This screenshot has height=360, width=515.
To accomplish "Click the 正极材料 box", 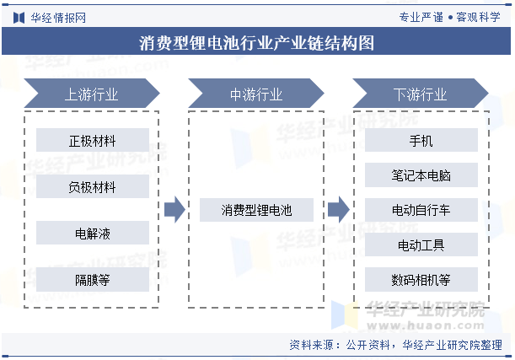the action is pos(93,140).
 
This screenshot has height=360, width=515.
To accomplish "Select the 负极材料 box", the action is pos(93,186).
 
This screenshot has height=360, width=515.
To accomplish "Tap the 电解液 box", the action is pos(93,233).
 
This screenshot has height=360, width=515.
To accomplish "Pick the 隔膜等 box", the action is pos(93,279).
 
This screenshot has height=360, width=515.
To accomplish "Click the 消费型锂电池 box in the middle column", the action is pos(256,210).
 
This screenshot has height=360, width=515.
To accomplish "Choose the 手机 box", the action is pos(421,140).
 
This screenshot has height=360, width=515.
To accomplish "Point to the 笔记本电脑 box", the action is pos(421,175).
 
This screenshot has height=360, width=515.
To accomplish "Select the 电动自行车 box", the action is pos(421,210).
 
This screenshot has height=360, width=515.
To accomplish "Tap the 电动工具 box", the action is pos(421,244).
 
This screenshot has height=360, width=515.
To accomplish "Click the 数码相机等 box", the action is pos(421,279).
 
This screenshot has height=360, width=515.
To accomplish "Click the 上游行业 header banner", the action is pos(92,94).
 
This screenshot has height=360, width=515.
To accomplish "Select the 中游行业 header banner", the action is pos(256,94).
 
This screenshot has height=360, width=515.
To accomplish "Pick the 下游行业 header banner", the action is pos(421,94).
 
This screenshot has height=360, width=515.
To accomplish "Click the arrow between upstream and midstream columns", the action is pos(174,210).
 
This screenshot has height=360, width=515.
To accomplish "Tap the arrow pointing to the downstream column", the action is pos(339,210).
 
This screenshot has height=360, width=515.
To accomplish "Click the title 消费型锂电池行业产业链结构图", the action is pos(256,43).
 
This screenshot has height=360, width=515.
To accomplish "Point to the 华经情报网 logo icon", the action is pos(19,18).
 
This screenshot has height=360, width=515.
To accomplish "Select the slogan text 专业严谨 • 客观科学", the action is pos(449,17).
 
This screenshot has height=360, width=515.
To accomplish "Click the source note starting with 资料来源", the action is pos(396,345).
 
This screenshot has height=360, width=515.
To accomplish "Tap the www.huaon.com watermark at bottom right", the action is pos(426,325).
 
